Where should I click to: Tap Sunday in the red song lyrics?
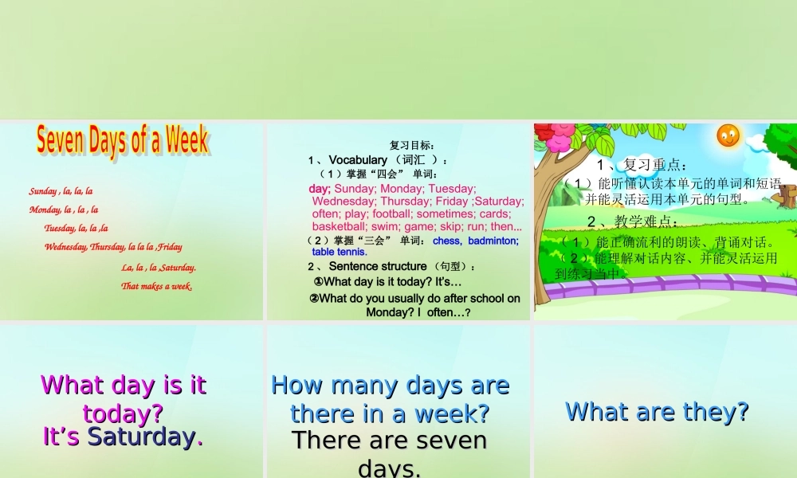pos(43,191)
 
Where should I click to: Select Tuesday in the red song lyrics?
pos(59,228)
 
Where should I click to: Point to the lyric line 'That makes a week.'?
pos(157,286)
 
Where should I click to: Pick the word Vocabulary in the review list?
pos(358,160)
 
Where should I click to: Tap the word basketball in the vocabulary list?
pos(339,226)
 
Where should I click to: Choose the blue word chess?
pos(446,241)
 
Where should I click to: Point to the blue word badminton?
pos(493,241)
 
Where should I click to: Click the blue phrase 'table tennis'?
pos(339,252)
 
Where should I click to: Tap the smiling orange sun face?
pos(728,135)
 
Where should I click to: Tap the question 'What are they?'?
pos(657,412)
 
